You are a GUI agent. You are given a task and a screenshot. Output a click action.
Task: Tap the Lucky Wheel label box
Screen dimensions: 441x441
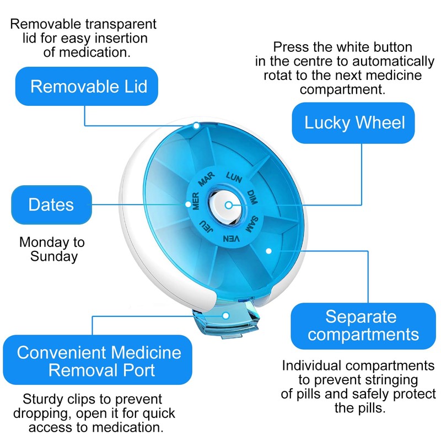pyautogui.click(x=353, y=122)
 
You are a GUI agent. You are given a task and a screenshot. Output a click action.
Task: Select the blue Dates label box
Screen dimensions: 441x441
pyautogui.click(x=51, y=205)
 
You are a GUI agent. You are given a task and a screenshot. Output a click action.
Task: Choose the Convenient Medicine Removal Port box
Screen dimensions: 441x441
pyautogui.click(x=99, y=361)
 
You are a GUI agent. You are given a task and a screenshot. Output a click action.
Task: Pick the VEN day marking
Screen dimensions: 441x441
pyautogui.click(x=230, y=238)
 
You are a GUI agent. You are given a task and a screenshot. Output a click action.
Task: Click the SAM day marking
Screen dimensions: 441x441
pyautogui.click(x=252, y=225)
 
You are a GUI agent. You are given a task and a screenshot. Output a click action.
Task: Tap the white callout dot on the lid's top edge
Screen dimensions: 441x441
pyautogui.click(x=197, y=126)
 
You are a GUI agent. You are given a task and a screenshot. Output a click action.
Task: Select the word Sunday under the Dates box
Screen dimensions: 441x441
pyautogui.click(x=54, y=256)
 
